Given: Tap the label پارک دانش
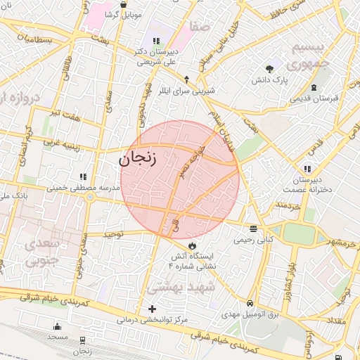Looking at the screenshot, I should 271,81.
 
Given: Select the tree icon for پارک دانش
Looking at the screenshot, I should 270,69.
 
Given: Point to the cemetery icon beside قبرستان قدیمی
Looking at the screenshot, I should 314,87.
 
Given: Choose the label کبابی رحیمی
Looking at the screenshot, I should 252,240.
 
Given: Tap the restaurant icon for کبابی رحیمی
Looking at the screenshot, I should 252,229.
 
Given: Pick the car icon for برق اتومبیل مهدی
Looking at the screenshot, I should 250,304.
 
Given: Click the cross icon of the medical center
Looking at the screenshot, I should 153,309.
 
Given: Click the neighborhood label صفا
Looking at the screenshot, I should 199,27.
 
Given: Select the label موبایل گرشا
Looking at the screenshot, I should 123,14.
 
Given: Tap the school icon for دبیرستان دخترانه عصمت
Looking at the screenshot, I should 308,169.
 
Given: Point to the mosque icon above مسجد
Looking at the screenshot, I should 57,326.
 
